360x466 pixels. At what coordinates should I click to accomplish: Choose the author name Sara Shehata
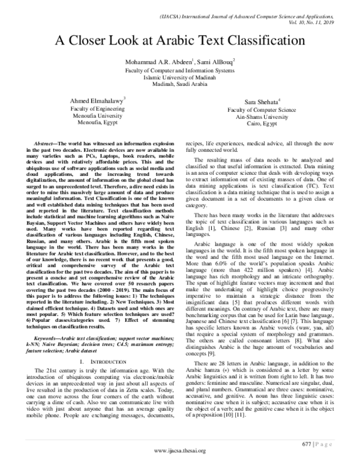pos(268,103)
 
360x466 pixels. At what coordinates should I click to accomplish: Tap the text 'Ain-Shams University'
pos(269,120)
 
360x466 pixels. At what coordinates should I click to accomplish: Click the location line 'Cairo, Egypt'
pos(269,127)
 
